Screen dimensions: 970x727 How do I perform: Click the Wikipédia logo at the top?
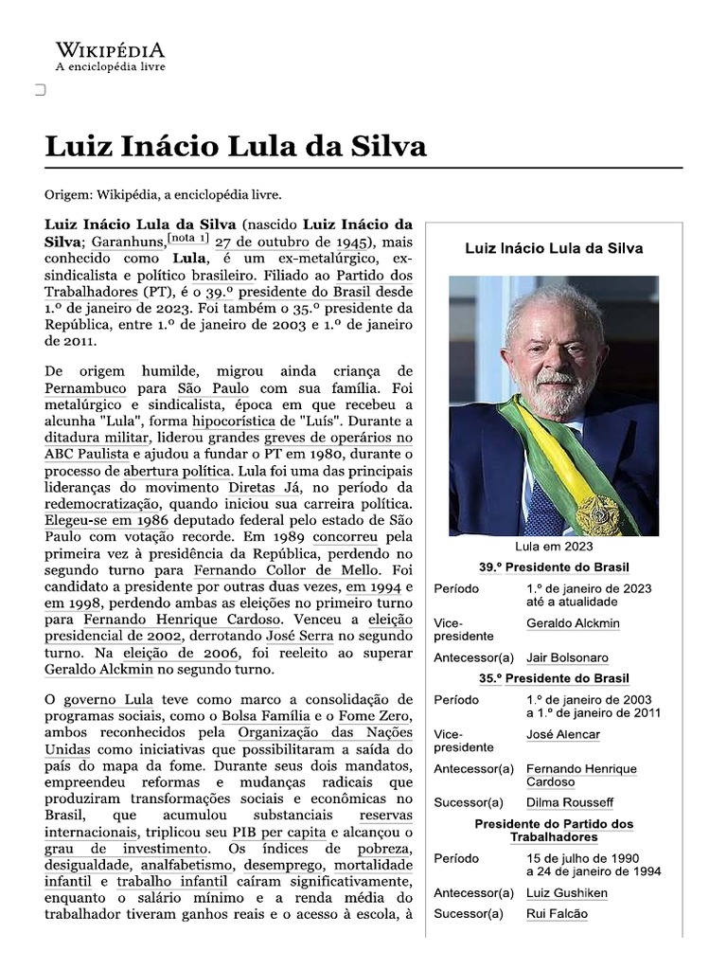click(x=110, y=57)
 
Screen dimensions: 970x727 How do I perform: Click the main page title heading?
click(x=236, y=147)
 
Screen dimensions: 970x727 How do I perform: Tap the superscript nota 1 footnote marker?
click(x=187, y=238)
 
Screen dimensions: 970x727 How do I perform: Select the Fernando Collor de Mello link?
click(x=287, y=570)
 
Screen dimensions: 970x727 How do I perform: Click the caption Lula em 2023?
click(x=554, y=548)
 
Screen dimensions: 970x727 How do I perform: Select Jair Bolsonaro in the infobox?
click(x=567, y=657)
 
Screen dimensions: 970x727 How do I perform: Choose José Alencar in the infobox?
click(x=562, y=734)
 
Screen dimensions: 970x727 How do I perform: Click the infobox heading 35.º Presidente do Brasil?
click(x=554, y=678)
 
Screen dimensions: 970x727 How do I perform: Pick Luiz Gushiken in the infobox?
click(x=566, y=892)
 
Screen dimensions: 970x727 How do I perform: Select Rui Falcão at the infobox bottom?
click(x=557, y=913)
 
